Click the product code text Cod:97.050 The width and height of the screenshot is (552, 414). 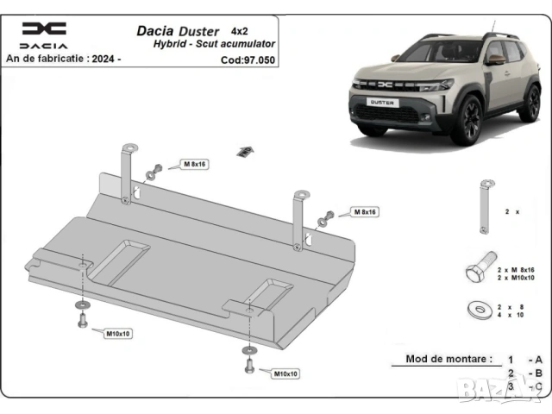pyautogui.click(x=247, y=60)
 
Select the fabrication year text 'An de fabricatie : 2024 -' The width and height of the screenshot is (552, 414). pyautogui.click(x=63, y=60)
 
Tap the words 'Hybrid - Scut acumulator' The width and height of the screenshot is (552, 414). pyautogui.click(x=214, y=44)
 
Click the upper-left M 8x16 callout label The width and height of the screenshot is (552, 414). pyautogui.click(x=193, y=163)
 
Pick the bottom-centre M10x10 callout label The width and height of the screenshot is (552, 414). pyautogui.click(x=286, y=373)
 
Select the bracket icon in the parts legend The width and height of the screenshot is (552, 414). pyautogui.click(x=486, y=205)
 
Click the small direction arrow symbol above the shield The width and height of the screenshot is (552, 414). pyautogui.click(x=245, y=152)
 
